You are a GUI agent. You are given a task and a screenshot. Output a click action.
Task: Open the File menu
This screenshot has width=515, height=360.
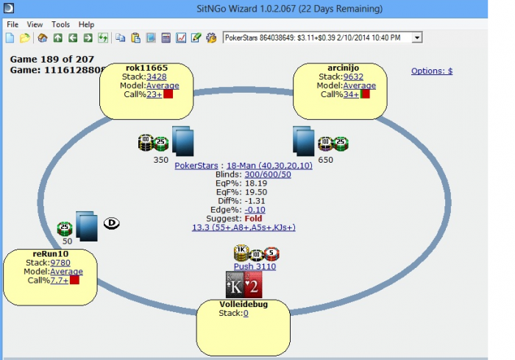13,24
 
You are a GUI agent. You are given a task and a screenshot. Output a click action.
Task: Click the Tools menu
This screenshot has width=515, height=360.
60,24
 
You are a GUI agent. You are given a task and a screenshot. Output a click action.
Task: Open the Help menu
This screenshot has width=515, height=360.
86,24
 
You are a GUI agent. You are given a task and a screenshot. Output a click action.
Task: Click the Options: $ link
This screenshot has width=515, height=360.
431,71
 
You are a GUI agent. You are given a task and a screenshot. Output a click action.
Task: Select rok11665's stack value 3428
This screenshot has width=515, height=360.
156,76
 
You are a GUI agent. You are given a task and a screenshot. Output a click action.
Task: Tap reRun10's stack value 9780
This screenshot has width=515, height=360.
60,262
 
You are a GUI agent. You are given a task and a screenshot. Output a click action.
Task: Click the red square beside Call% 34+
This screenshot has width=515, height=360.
365,94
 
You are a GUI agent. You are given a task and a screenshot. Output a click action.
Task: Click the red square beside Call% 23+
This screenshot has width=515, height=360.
168,94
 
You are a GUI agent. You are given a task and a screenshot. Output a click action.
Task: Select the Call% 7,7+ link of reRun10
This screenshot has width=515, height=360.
58,280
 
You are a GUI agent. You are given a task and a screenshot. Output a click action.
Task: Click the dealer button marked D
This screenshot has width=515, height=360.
113,222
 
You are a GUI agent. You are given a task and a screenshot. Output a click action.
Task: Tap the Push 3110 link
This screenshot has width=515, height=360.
255,267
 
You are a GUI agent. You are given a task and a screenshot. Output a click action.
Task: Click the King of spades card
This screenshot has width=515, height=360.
235,285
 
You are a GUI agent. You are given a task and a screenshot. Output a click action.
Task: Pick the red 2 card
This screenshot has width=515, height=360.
252,285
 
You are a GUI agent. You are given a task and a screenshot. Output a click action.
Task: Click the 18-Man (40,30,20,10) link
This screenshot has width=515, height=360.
270,166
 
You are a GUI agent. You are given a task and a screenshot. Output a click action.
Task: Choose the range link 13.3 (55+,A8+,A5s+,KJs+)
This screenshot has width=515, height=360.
244,227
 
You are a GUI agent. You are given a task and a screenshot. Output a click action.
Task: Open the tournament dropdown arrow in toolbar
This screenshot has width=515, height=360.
417,37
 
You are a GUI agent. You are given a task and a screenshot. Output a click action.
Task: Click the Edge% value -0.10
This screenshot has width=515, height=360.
255,210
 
